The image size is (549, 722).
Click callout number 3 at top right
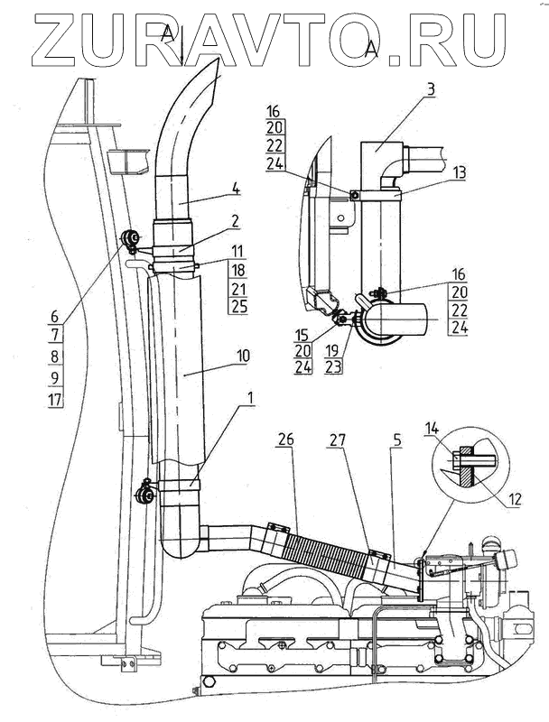[430, 89]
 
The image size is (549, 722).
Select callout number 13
[459, 172]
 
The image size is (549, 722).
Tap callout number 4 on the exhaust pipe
[237, 189]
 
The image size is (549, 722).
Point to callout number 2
[235, 221]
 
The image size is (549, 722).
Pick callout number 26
[286, 440]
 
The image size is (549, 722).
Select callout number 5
[397, 440]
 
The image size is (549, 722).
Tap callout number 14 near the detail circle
[432, 429]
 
